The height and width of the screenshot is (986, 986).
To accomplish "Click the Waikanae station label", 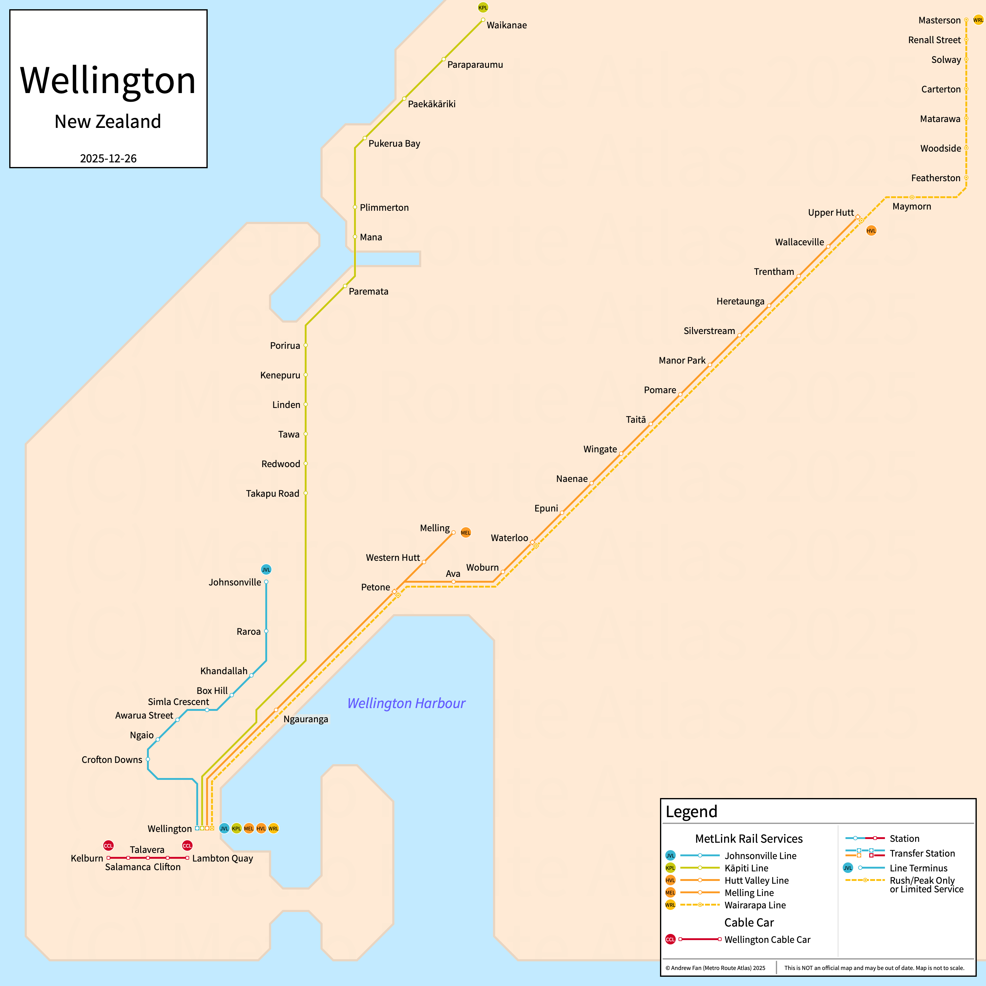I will (506, 25).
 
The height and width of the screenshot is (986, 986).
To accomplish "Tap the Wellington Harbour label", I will (406, 703).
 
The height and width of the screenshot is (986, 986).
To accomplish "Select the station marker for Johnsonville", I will (266, 582).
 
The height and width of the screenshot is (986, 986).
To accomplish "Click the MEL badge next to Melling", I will (466, 532).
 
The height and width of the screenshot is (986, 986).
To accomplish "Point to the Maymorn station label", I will (911, 206).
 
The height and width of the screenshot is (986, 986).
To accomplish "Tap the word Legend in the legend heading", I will (691, 812).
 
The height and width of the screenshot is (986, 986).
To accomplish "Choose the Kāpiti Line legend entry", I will (746, 868).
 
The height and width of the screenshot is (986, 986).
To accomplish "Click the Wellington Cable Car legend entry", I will (767, 939).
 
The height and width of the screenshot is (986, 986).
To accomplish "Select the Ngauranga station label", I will (306, 719).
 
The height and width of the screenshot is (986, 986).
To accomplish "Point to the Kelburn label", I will (87, 858).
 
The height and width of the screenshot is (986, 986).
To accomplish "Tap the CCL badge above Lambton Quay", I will (187, 846).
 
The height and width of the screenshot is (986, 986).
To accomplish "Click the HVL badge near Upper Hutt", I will (871, 231).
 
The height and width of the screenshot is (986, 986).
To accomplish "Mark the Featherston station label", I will (935, 178).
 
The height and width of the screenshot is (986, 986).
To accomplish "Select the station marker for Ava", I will (453, 582).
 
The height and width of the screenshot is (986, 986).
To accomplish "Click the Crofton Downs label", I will (112, 760).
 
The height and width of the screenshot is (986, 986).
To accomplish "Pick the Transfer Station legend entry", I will (922, 853).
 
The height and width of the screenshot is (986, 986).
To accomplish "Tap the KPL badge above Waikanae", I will (483, 7).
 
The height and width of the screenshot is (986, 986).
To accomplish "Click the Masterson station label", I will (939, 20).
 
